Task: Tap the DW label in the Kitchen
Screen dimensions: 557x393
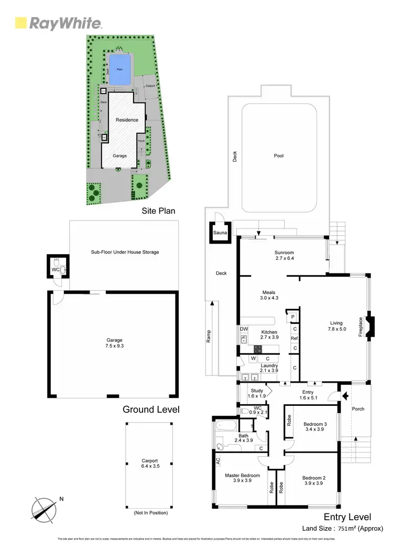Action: point(244,329)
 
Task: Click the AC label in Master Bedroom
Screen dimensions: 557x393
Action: point(217,460)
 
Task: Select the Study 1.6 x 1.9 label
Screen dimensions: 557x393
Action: point(257,393)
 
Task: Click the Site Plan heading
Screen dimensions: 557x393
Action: point(158,211)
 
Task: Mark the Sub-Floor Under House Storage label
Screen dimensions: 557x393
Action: point(125,252)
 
